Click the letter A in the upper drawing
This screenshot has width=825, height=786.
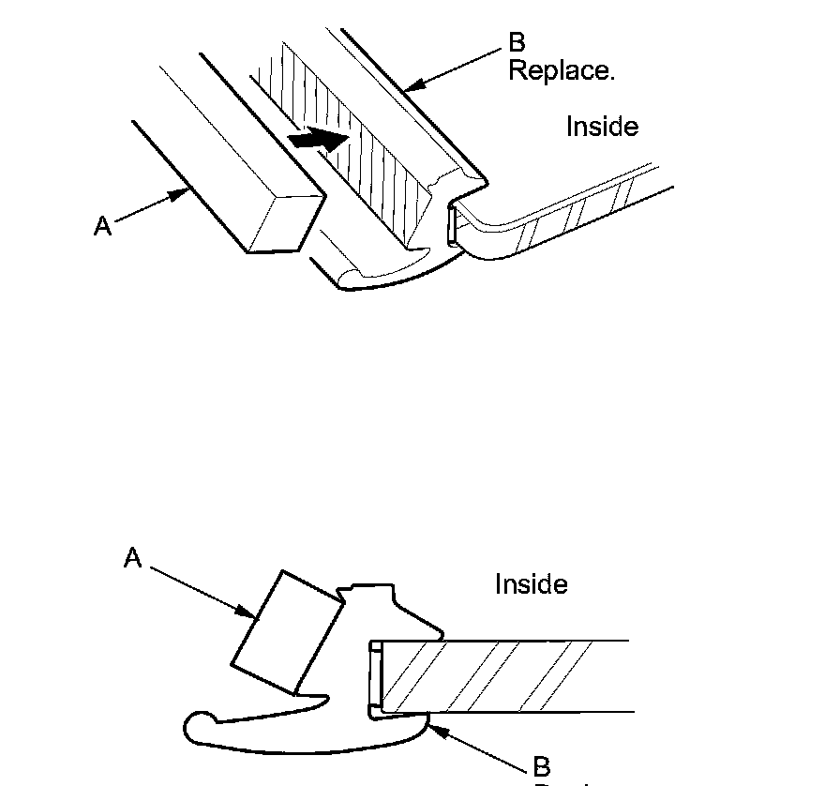102,225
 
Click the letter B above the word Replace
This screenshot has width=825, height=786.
517,43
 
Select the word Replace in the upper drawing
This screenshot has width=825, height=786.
561,71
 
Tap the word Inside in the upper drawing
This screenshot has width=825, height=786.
602,127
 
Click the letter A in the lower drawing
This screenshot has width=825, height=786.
132,558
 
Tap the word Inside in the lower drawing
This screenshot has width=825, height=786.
531,584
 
